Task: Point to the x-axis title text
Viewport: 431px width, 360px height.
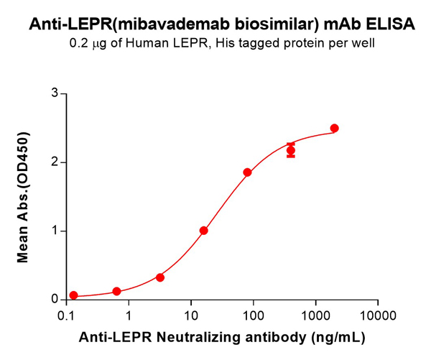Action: click(222, 336)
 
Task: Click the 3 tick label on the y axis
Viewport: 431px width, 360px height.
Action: click(53, 93)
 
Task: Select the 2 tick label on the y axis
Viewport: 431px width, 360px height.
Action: click(53, 162)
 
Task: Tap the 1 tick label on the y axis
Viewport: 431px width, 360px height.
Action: click(53, 231)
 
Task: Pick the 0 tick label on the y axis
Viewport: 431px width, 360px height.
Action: click(53, 299)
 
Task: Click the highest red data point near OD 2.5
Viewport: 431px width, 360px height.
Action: click(334, 129)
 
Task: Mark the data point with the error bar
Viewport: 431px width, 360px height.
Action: click(291, 150)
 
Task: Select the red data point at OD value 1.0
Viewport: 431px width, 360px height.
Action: click(204, 231)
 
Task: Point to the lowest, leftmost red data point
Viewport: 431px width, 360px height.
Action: click(73, 295)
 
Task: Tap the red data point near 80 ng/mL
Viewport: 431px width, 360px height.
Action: click(247, 172)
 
